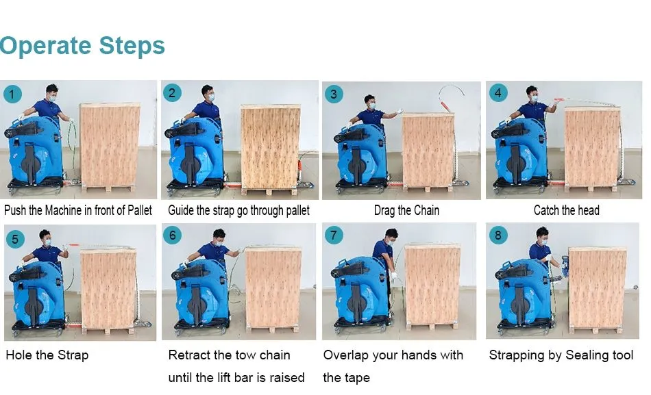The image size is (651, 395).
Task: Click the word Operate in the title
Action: coord(45,46)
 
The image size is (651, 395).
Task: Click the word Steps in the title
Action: coord(132,45)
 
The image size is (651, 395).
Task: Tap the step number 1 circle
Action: coord(12,94)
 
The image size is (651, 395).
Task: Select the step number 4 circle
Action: coord(498,92)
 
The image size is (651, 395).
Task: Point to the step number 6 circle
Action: coord(172,235)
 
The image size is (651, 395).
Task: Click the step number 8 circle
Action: coord(498,235)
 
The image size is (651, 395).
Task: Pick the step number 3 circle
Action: coord(334,94)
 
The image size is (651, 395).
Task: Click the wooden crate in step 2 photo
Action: coord(270,149)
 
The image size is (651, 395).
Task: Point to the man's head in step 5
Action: coord(45,238)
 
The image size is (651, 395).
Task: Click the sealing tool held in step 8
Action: coord(565,266)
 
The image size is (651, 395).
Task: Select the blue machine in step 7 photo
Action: coord(362,290)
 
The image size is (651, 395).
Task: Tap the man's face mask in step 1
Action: coord(52,97)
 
